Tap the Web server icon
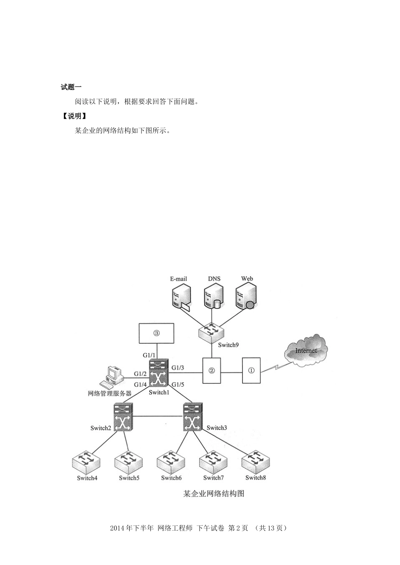click(246, 297)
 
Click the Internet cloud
click(306, 351)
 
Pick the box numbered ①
click(251, 370)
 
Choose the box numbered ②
click(212, 370)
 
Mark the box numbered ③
click(157, 333)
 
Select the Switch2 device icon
click(123, 417)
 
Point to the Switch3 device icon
click(193, 417)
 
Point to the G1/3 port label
click(178, 368)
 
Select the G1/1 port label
click(149, 356)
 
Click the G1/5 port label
click(178, 384)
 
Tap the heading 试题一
click(71, 87)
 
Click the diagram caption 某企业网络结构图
click(213, 494)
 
